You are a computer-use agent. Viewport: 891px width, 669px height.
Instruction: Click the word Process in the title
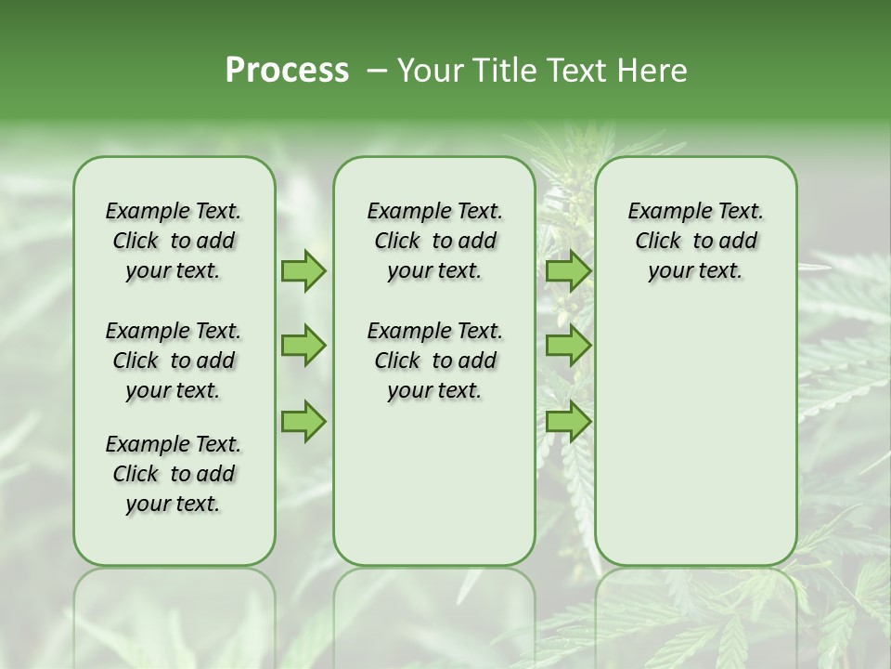tap(287, 71)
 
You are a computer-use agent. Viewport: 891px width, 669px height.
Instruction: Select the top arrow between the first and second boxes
tap(303, 270)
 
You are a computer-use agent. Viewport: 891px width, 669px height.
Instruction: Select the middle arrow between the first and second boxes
tap(303, 346)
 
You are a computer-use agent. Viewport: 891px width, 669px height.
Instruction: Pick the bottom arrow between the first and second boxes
tap(303, 421)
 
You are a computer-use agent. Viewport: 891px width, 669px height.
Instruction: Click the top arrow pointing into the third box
tap(568, 270)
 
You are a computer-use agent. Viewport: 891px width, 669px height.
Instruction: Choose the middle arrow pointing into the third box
tap(568, 346)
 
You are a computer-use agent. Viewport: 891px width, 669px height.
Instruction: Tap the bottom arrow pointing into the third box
tap(568, 421)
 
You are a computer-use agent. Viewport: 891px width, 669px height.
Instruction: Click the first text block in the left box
tap(174, 241)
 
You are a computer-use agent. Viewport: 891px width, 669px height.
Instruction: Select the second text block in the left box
tap(174, 361)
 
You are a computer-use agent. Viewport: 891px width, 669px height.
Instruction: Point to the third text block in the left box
tap(174, 474)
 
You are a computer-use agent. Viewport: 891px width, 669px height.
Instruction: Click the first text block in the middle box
tap(434, 241)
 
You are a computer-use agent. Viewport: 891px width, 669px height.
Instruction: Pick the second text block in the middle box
tap(434, 361)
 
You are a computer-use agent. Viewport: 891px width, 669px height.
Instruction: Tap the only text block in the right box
tap(695, 241)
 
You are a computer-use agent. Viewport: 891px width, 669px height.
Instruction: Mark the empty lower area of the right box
tap(695, 437)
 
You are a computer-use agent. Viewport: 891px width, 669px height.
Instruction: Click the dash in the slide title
tap(377, 71)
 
